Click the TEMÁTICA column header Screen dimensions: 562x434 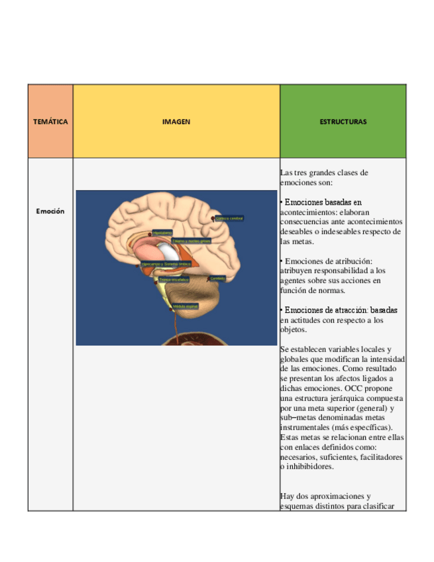[x=50, y=122]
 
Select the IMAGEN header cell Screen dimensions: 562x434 [x=176, y=122]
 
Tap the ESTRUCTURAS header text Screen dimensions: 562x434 [x=343, y=122]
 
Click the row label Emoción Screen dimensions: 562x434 [x=50, y=211]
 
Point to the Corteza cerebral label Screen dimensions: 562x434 [x=230, y=218]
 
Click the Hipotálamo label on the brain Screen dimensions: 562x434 [x=162, y=233]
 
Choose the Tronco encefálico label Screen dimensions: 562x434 [x=174, y=280]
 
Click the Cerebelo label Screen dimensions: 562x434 [x=217, y=278]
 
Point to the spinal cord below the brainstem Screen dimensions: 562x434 [x=176, y=325]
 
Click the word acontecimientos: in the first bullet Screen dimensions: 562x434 [x=304, y=211]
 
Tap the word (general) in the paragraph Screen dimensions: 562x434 [x=362, y=408]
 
